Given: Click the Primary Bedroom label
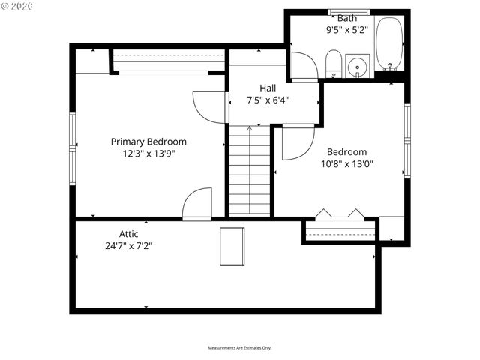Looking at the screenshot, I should click(x=148, y=142).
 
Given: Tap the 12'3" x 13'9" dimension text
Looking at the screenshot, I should click(x=148, y=153).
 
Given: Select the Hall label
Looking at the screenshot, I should click(x=268, y=88).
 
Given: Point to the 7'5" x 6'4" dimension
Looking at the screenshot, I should click(x=268, y=99).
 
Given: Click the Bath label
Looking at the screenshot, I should click(x=347, y=18).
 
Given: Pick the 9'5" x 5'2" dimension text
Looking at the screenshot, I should click(x=347, y=31).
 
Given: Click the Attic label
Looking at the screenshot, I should click(x=128, y=233).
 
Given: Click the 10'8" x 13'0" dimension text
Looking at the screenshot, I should click(x=347, y=163).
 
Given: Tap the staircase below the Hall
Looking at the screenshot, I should click(x=250, y=171).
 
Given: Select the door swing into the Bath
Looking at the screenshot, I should click(x=304, y=67).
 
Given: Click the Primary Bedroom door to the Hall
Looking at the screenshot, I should click(x=210, y=106).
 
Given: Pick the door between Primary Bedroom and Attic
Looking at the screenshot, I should click(x=197, y=204).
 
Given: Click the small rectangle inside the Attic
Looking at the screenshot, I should click(x=232, y=246).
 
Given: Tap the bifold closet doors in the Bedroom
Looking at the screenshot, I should click(x=340, y=214).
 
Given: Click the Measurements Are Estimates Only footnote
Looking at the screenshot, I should click(x=240, y=348).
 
